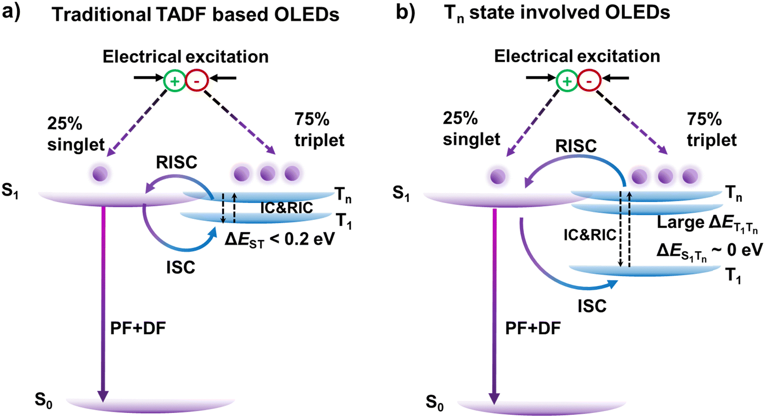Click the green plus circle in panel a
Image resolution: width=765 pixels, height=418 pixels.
[175, 81]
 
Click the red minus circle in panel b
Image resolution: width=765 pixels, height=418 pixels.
[589, 81]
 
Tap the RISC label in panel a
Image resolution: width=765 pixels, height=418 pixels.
[177, 163]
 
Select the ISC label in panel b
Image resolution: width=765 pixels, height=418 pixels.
[592, 306]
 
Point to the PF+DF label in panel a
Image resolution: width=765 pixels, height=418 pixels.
[138, 328]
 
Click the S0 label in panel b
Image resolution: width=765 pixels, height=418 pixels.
[435, 402]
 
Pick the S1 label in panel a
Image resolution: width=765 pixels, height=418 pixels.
[10, 191]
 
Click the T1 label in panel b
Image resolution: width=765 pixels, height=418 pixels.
[733, 276]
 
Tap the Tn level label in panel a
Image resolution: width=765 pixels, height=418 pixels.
[343, 194]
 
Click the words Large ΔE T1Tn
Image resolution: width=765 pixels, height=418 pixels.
[708, 223]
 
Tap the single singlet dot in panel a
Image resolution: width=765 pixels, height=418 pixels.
[100, 174]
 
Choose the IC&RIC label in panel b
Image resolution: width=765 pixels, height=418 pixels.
[590, 235]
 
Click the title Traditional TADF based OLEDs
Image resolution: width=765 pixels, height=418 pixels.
[196, 15]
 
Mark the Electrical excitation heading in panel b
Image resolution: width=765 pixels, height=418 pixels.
[577, 56]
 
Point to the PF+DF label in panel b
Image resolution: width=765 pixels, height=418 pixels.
[533, 328]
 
